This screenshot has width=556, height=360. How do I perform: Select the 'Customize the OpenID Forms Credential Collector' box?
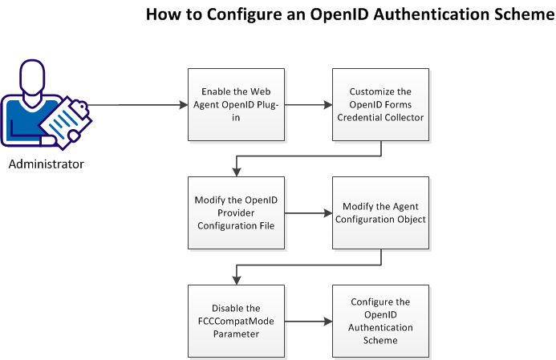[x=380, y=104]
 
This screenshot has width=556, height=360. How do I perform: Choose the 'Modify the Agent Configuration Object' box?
[x=380, y=212]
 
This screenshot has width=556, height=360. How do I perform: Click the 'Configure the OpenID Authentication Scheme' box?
[x=380, y=321]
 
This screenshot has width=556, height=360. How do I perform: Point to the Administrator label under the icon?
[x=47, y=165]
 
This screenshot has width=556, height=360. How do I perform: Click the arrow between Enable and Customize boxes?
[x=306, y=104]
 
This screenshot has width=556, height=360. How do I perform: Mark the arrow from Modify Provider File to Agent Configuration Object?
[x=306, y=213]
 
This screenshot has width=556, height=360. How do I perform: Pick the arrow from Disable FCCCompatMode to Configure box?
[x=306, y=322]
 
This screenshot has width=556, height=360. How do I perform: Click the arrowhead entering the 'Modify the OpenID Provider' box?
[x=235, y=172]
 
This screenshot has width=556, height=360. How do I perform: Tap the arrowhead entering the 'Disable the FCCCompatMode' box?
[x=235, y=280]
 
